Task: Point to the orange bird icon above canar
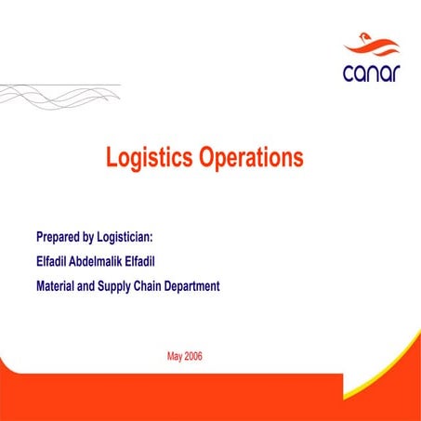pos(370,45)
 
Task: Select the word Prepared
pos(63,236)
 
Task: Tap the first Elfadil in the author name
pos(57,261)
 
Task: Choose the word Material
pos(58,286)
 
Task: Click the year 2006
pos(193,356)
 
